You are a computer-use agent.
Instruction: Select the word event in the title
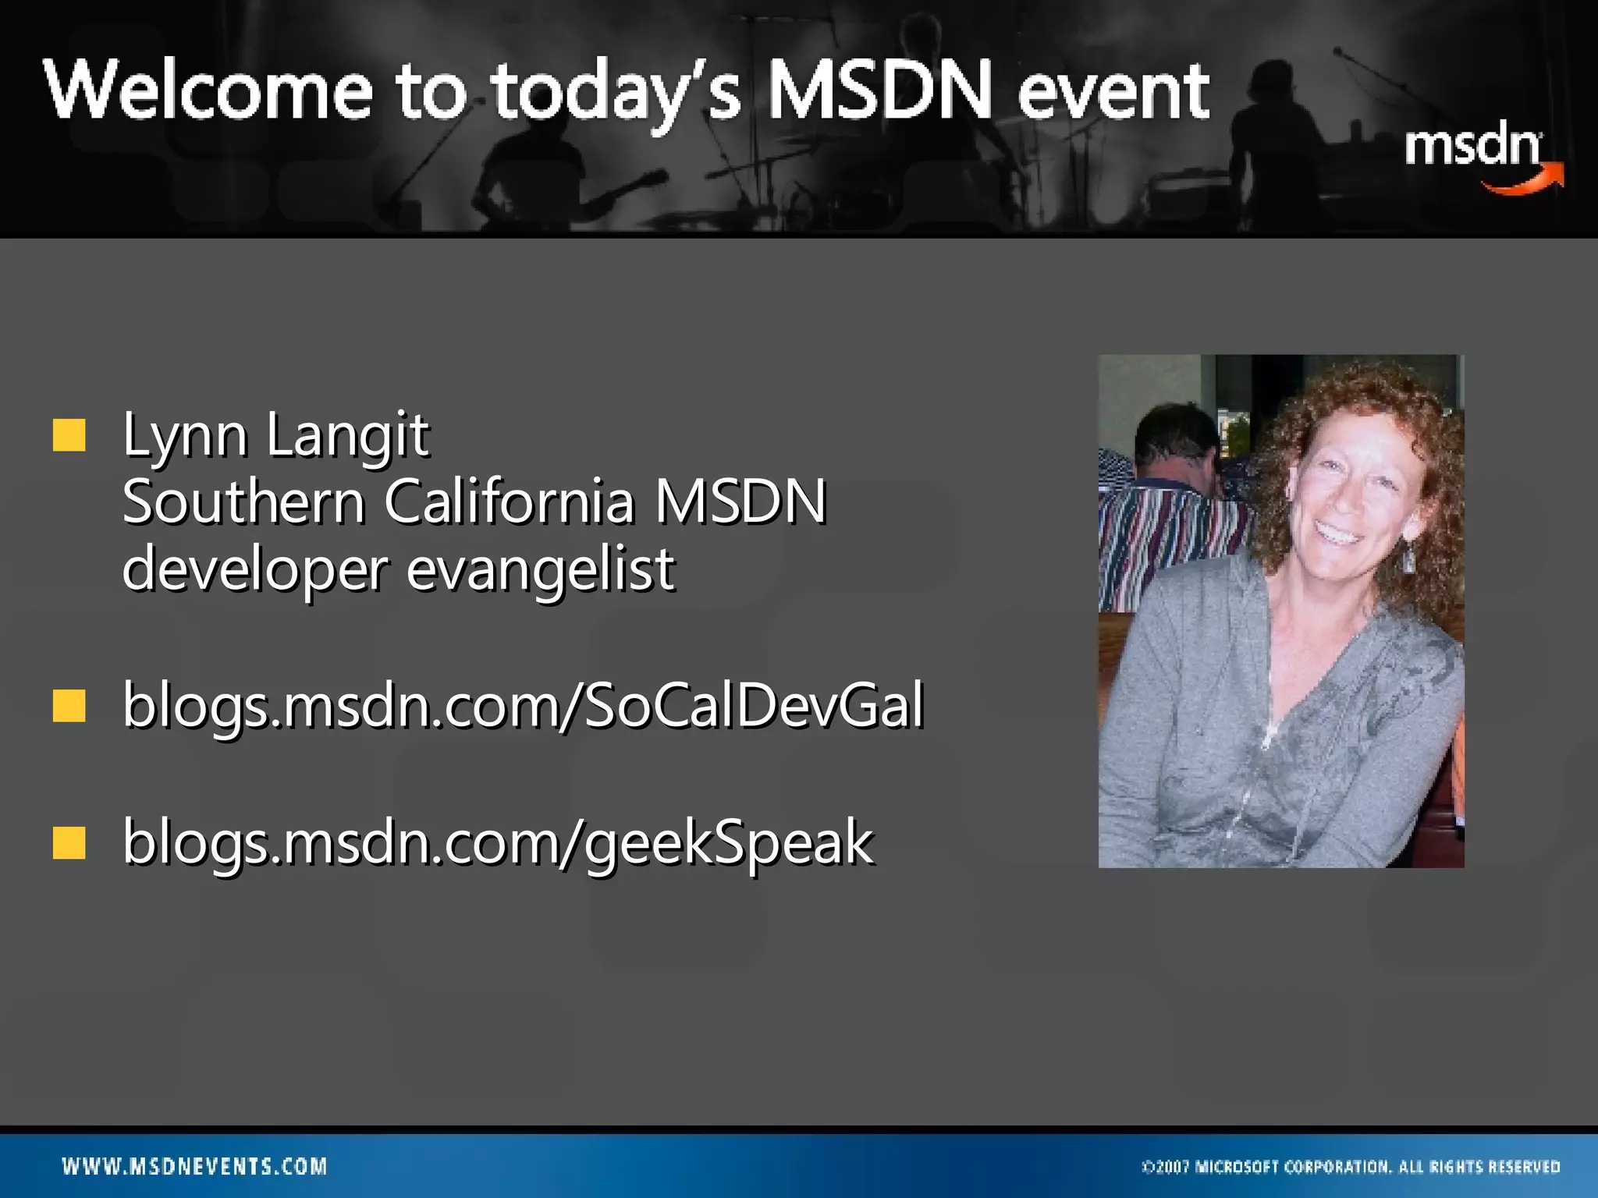(x=1113, y=91)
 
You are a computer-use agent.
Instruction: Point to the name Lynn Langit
(x=275, y=435)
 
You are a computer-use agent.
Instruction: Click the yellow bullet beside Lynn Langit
(x=69, y=435)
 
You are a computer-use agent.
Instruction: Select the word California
(x=510, y=502)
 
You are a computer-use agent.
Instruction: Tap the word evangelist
(x=540, y=569)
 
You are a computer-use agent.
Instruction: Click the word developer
(x=254, y=569)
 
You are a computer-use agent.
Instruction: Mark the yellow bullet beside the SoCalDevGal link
(x=69, y=706)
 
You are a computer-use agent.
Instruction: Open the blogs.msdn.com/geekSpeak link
(x=498, y=842)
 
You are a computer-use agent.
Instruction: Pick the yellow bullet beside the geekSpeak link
(x=69, y=842)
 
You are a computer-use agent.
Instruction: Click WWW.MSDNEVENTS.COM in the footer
(x=195, y=1167)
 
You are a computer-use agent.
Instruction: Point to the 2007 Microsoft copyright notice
(x=1351, y=1167)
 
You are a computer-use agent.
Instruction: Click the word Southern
(x=243, y=502)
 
